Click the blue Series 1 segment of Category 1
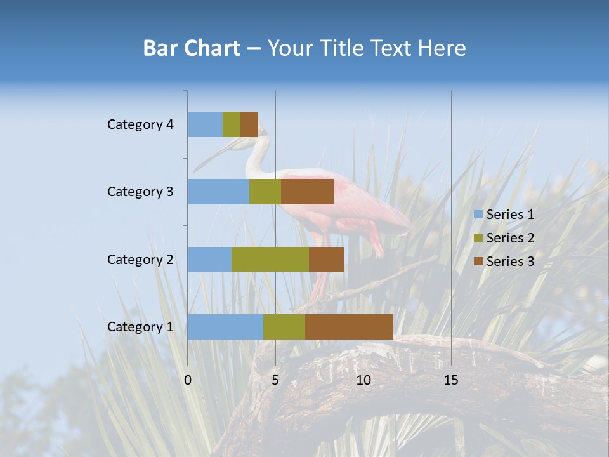(x=225, y=327)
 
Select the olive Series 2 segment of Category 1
(x=284, y=327)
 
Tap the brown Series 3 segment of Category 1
(x=349, y=327)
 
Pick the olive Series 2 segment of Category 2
(x=270, y=259)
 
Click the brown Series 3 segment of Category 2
(x=326, y=259)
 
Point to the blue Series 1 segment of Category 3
(x=218, y=192)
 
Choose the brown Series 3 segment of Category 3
(x=307, y=192)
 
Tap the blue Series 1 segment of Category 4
(x=205, y=124)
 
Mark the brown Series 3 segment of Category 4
(x=249, y=124)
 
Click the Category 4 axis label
(x=140, y=124)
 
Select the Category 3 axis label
(x=140, y=192)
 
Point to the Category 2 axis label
(x=140, y=259)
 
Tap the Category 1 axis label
(x=140, y=327)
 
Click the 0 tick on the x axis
(x=188, y=380)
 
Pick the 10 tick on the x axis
(x=363, y=380)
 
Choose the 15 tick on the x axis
(x=450, y=380)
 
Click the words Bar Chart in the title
(x=192, y=48)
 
